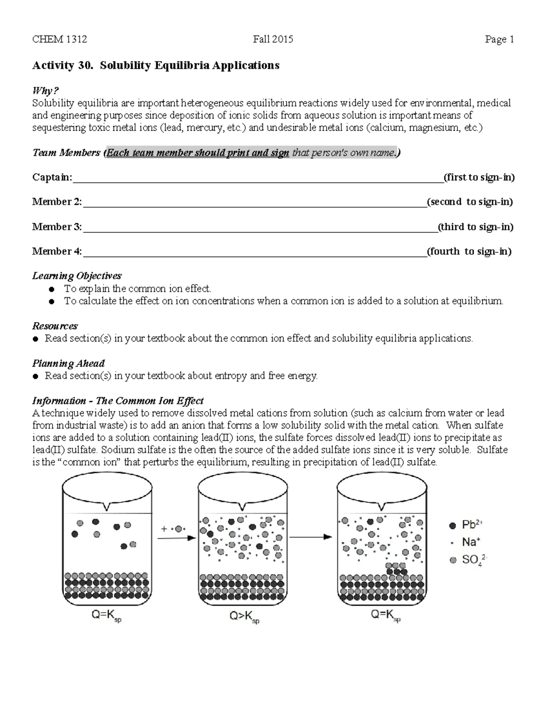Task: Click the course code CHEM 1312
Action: coord(59,40)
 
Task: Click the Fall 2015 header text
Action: coord(273,40)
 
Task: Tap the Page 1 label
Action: coord(500,40)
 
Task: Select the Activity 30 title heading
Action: coord(155,65)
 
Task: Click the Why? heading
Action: coord(46,91)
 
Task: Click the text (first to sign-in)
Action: coord(479,177)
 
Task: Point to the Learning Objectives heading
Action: coord(77,276)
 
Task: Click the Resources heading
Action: coord(55,326)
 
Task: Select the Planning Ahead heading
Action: coord(68,363)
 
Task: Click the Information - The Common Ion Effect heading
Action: coord(118,401)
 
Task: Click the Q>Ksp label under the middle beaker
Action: coord(244,617)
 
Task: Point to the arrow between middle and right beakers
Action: coord(311,537)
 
